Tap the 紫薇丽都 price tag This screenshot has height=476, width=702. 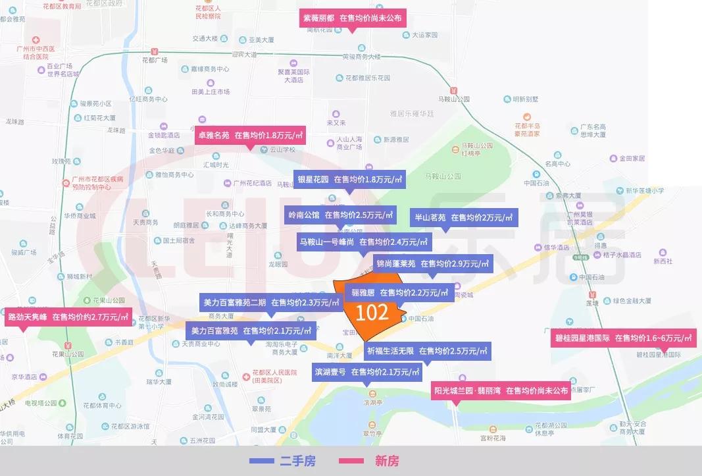click(352, 18)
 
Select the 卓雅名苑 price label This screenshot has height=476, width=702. click(250, 136)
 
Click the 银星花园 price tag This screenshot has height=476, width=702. click(349, 179)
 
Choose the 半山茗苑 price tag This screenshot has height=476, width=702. click(464, 218)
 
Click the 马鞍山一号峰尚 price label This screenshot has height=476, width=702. click(363, 242)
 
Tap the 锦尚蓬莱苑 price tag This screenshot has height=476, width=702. click(432, 264)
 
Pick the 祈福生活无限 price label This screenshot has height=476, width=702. click(426, 351)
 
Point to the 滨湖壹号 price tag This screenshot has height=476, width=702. click(367, 372)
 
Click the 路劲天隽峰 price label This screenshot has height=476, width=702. click(68, 317)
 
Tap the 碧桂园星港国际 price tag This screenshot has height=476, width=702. click(622, 338)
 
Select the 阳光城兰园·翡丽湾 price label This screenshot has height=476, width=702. click(501, 390)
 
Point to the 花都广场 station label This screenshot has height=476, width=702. click(155, 60)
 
